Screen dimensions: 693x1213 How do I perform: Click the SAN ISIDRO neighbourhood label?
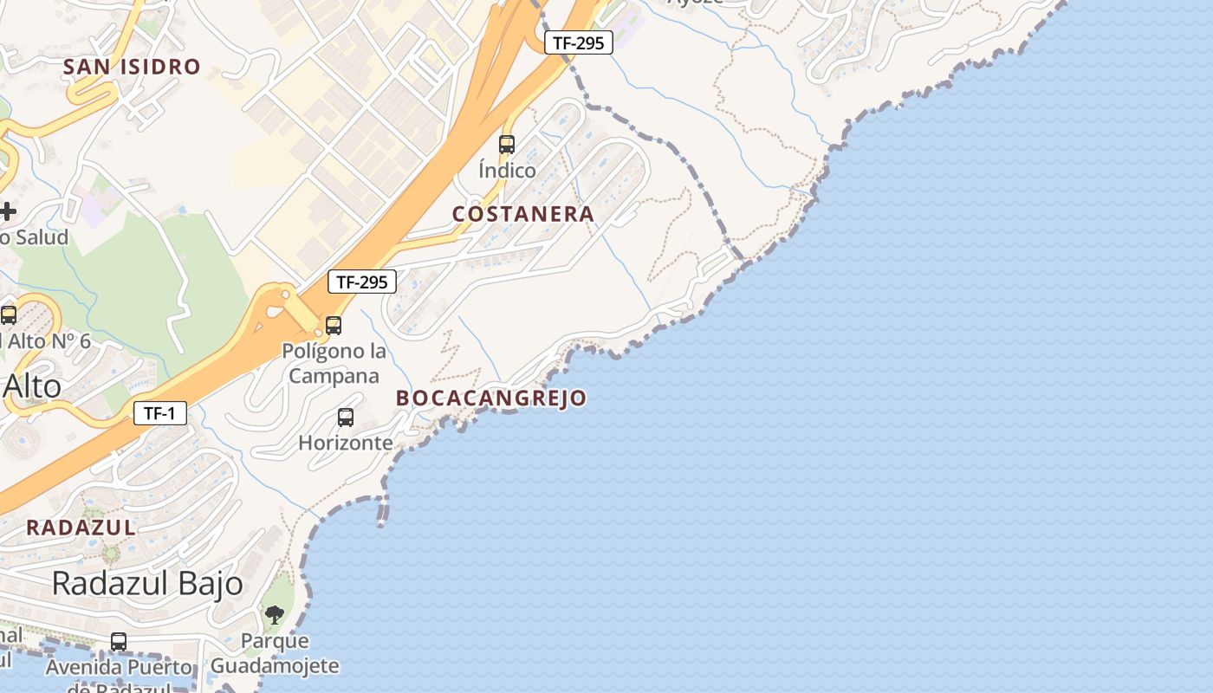132,67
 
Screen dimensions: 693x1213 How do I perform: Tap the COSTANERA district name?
523,214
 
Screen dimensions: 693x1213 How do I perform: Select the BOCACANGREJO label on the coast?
491,398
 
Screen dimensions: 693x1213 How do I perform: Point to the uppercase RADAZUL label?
81,528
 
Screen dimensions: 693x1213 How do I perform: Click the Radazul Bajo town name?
147,584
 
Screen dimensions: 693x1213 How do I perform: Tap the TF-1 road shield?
160,413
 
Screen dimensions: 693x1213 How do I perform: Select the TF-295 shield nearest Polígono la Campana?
362,282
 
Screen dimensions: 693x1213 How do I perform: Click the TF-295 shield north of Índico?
579,42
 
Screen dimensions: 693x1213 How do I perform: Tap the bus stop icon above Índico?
507,145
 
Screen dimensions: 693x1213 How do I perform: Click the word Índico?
507,170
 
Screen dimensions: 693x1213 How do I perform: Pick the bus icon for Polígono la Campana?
334,326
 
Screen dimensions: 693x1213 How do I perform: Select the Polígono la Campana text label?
334,364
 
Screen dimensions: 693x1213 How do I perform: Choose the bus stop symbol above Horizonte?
346,418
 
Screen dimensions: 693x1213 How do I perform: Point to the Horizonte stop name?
346,443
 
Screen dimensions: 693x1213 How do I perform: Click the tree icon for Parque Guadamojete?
275,616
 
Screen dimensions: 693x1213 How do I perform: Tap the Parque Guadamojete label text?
275,653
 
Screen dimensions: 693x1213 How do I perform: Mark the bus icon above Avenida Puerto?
119,642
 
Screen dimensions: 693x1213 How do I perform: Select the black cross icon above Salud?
7,210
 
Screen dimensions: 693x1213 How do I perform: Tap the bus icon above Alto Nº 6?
9,315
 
